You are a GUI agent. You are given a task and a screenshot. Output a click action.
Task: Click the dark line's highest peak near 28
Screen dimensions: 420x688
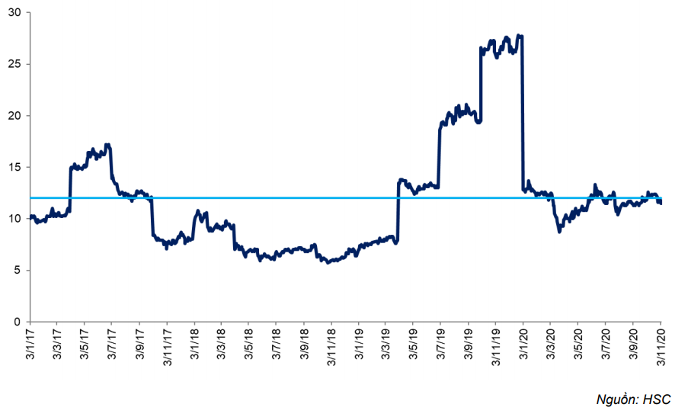click(519, 35)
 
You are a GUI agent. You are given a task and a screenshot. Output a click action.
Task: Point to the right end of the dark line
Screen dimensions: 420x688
click(660, 202)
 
